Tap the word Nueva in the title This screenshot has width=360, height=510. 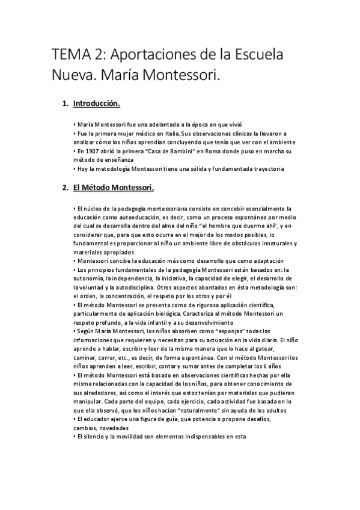71,76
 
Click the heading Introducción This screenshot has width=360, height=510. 97,104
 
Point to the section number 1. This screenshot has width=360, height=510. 65,104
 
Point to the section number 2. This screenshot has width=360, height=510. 65,188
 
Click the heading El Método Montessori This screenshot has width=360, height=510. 114,188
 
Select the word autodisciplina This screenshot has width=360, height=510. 145,287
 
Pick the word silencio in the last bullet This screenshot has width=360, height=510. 95,437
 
